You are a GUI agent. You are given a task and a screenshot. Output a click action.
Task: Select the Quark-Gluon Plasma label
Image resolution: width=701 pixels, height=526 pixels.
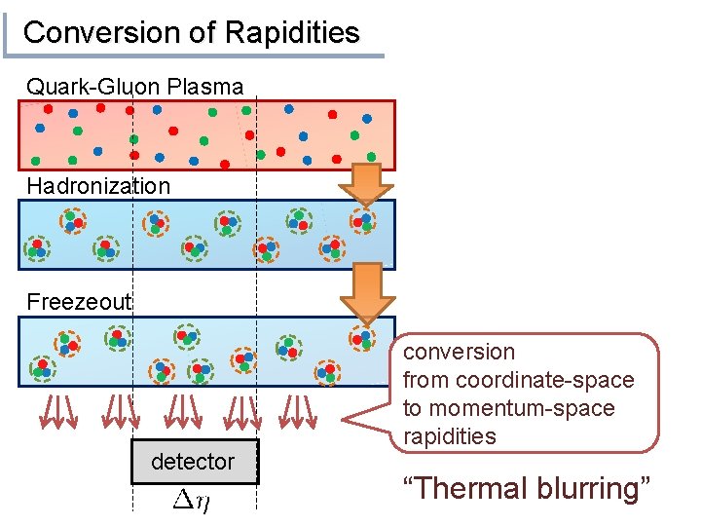point(134,87)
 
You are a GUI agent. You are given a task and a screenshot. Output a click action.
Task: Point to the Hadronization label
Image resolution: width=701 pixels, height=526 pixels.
point(98,186)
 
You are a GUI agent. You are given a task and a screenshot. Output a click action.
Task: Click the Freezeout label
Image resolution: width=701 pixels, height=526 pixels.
point(79,302)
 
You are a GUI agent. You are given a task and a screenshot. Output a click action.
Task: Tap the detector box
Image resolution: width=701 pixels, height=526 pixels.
point(195,462)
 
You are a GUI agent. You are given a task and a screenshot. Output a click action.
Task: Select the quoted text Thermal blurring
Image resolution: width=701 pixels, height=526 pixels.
point(525,489)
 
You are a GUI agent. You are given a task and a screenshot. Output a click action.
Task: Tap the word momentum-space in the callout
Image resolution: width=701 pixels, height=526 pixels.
point(522,408)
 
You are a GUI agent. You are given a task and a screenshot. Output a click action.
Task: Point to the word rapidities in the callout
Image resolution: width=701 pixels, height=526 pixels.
point(449,436)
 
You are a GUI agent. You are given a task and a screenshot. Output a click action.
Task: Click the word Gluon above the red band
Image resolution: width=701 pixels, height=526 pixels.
point(133,87)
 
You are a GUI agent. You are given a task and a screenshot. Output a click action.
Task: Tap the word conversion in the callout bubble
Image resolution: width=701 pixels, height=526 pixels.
point(459,353)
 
